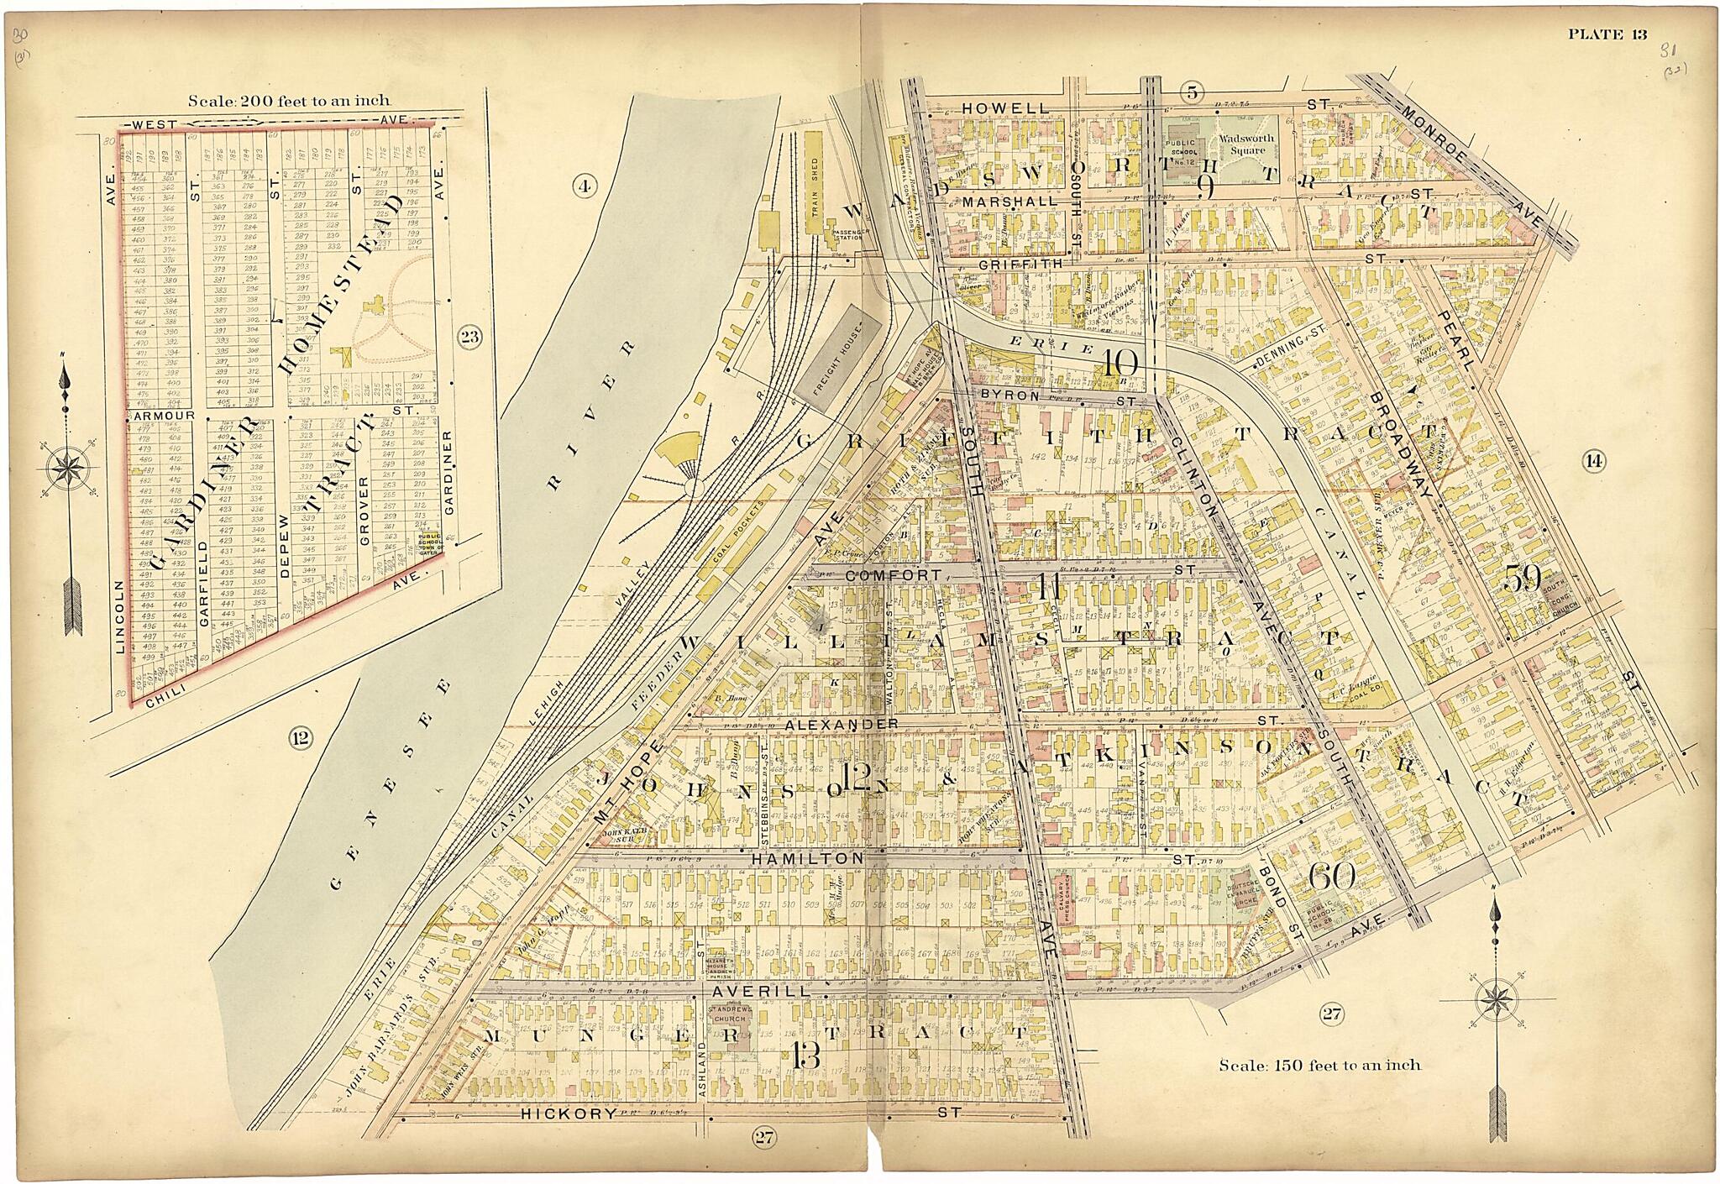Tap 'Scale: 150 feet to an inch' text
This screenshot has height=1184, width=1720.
click(x=1319, y=1066)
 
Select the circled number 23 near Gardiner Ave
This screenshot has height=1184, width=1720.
click(x=468, y=338)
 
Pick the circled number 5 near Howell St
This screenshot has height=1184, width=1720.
click(x=1191, y=93)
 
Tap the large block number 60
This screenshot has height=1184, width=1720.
click(x=1331, y=877)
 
